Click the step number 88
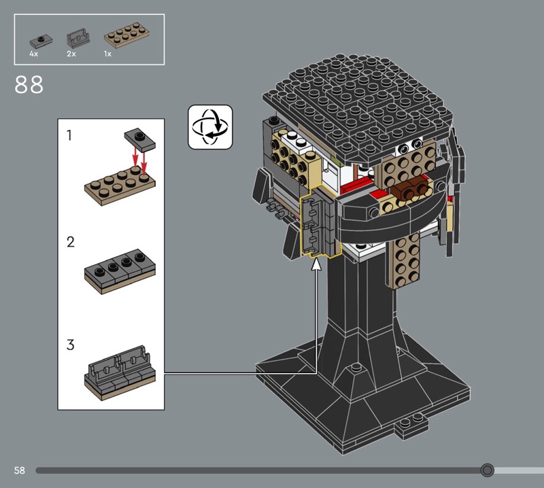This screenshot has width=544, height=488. click(x=29, y=85)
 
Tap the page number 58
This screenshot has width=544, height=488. click(x=20, y=470)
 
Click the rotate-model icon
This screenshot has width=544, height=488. click(x=210, y=127)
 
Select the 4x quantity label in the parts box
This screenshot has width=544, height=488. click(x=33, y=54)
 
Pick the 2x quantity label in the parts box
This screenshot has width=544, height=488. click(x=71, y=54)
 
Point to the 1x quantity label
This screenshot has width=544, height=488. click(x=107, y=54)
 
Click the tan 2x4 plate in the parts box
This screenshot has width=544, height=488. click(x=127, y=35)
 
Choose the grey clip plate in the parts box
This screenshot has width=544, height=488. click(x=78, y=38)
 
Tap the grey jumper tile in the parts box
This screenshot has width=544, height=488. click(x=41, y=41)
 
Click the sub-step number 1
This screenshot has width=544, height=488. click(x=69, y=135)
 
